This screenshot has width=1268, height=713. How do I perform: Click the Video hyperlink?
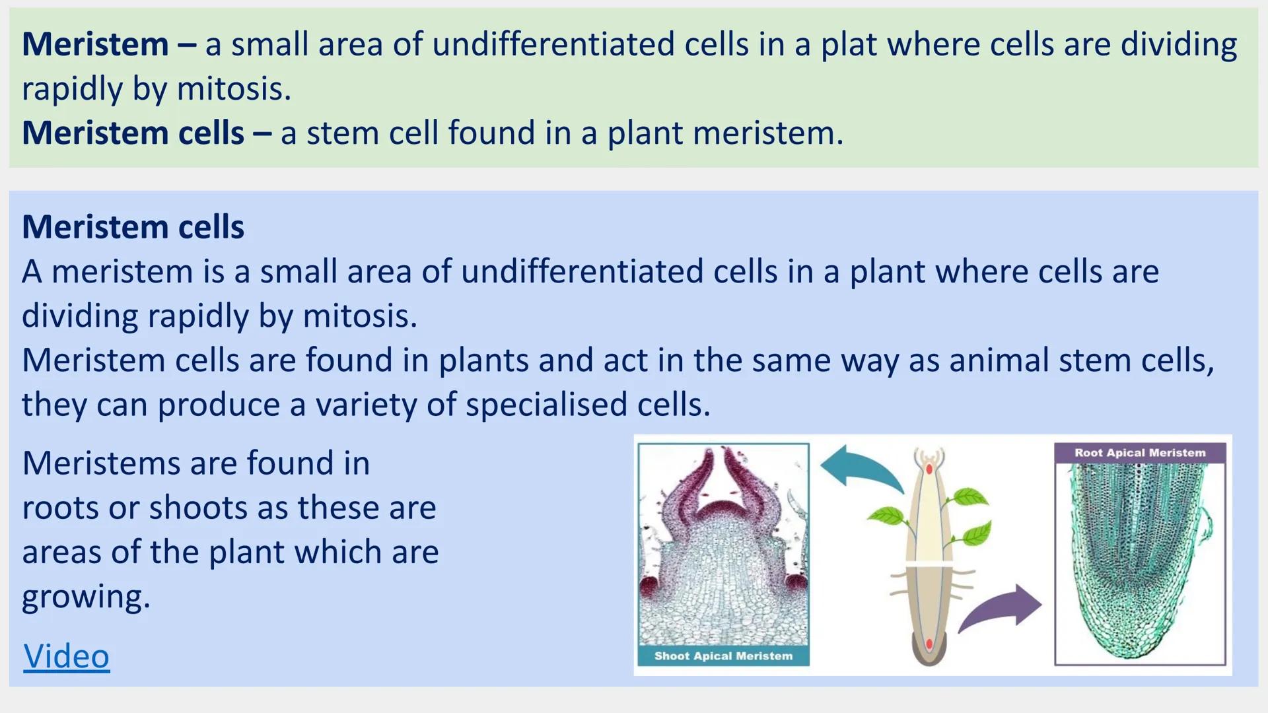(x=66, y=656)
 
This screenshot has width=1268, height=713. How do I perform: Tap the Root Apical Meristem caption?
(x=1139, y=453)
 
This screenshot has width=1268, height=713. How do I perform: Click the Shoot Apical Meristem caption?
(x=723, y=656)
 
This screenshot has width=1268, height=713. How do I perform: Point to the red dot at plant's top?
(x=929, y=469)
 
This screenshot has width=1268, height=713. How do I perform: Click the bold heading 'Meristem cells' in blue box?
(x=133, y=227)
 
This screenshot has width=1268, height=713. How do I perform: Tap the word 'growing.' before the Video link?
(x=86, y=597)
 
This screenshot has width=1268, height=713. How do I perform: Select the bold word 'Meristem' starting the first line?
(x=95, y=45)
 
